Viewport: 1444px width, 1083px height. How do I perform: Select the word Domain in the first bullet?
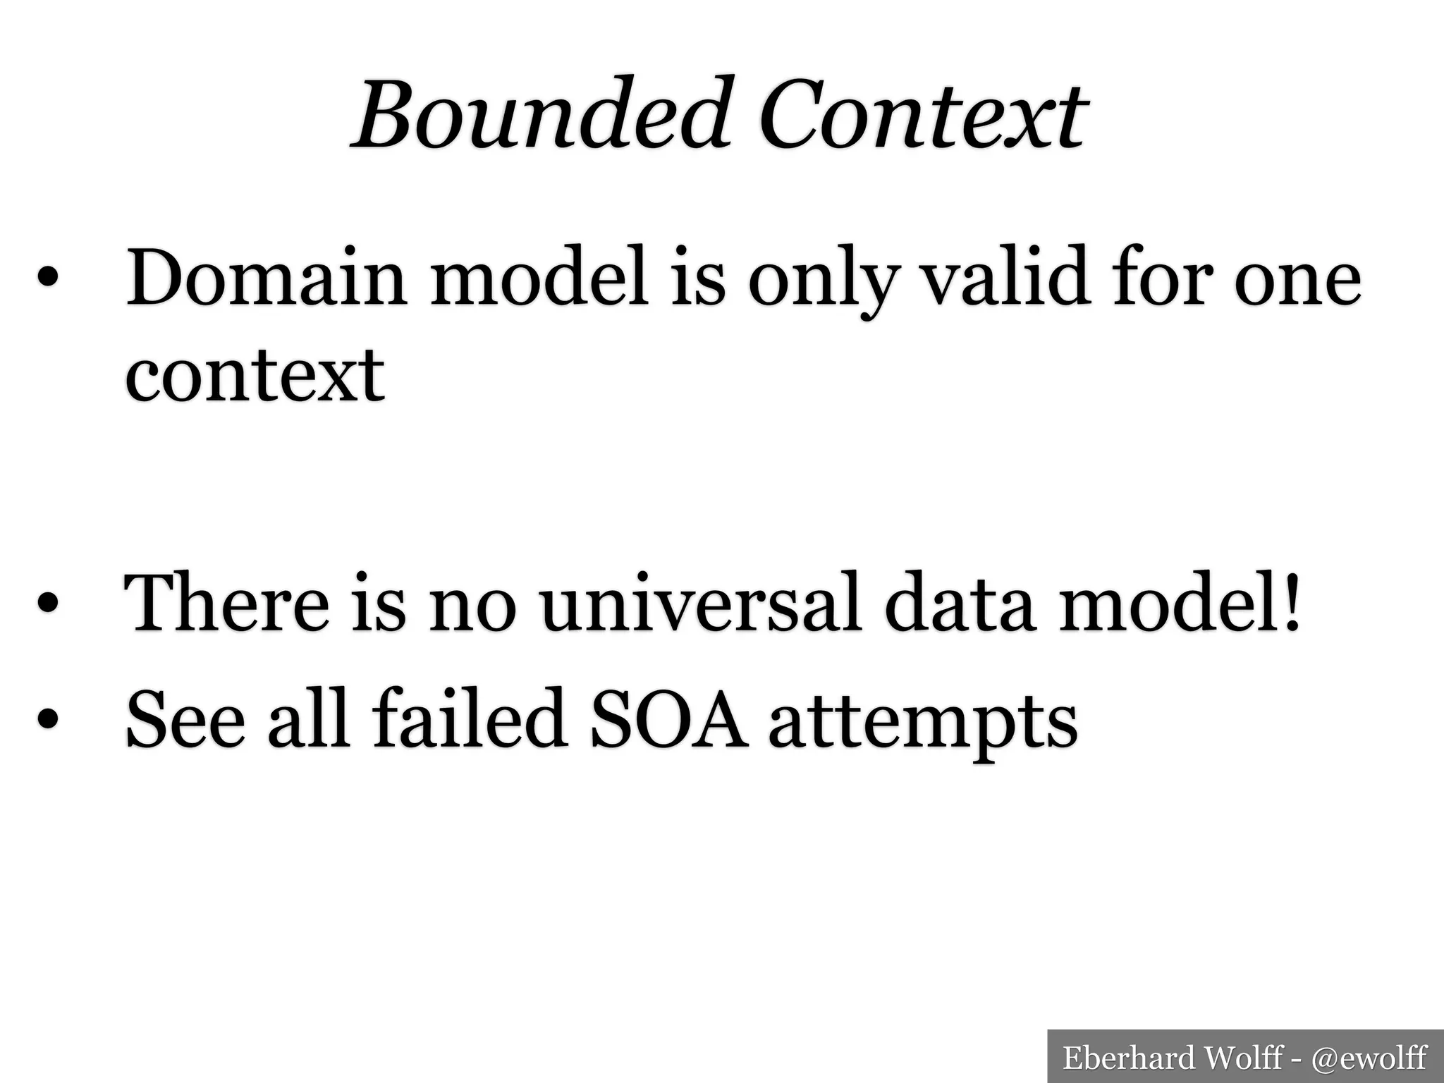pyautogui.click(x=266, y=279)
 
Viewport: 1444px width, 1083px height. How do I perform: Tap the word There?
pyautogui.click(x=226, y=603)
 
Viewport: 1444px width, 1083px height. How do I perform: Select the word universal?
pyautogui.click(x=702, y=603)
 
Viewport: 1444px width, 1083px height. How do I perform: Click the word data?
pyautogui.click(x=960, y=603)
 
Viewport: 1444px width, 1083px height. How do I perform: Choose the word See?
pyautogui.click(x=185, y=720)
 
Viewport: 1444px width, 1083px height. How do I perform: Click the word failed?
pyautogui.click(x=470, y=718)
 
